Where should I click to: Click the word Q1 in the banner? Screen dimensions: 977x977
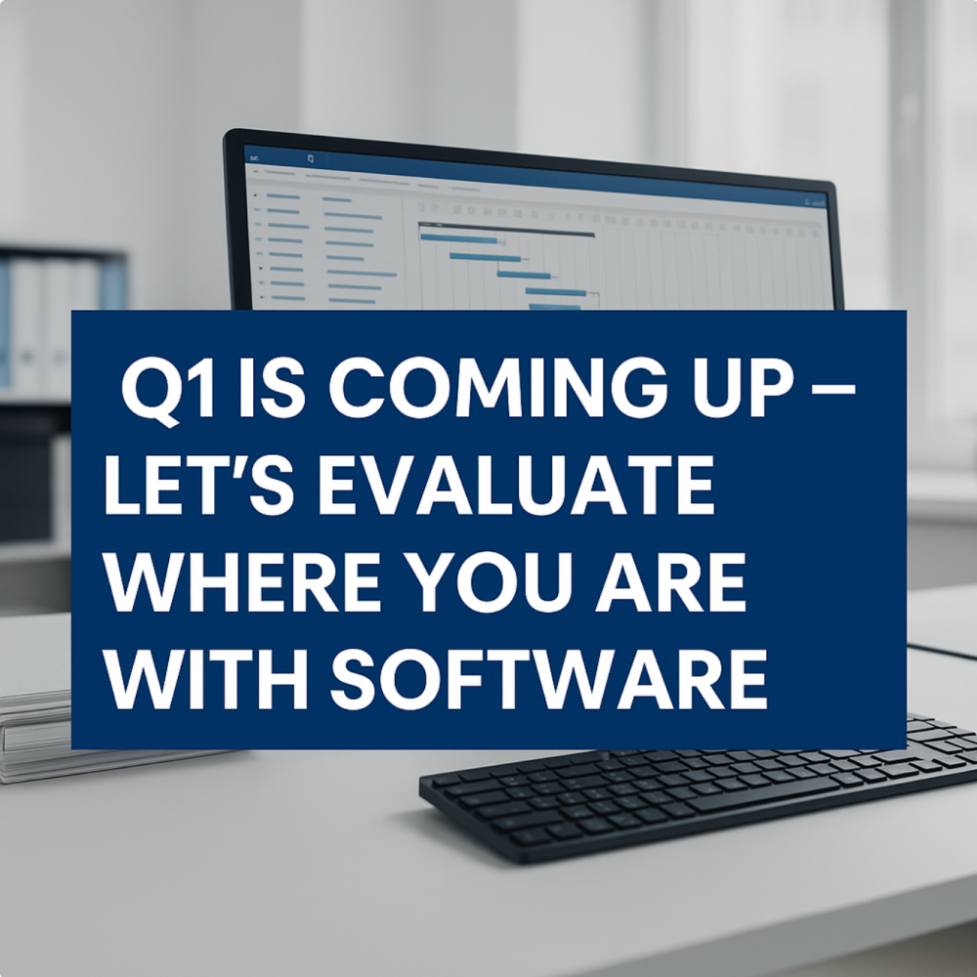click(x=168, y=391)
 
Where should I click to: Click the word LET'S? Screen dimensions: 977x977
click(x=198, y=485)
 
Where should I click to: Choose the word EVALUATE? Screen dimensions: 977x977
click(x=516, y=485)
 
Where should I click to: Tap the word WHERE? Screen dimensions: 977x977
click(x=241, y=581)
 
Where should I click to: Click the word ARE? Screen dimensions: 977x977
click(x=671, y=581)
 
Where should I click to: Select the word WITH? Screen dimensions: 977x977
click(x=205, y=679)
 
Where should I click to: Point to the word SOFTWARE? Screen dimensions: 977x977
click(x=548, y=679)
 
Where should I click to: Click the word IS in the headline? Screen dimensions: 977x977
click(x=273, y=388)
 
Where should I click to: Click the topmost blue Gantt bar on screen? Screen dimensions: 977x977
click(x=458, y=238)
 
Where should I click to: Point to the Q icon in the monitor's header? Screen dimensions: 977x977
click(x=311, y=159)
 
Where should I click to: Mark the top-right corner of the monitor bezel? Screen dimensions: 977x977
click(x=833, y=183)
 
